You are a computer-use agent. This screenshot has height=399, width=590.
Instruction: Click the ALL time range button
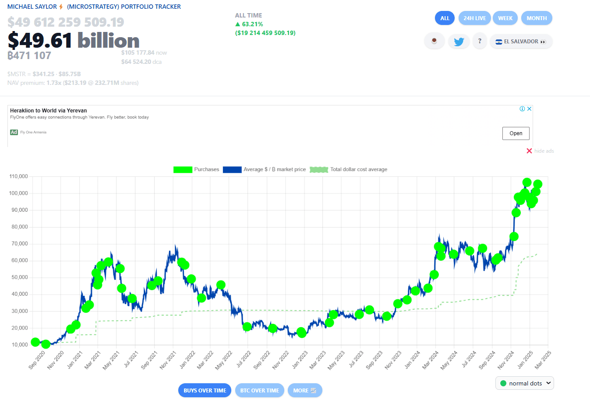(x=445, y=18)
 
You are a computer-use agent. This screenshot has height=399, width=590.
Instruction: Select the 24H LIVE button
(x=474, y=18)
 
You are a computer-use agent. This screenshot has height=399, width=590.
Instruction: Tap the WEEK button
(x=505, y=18)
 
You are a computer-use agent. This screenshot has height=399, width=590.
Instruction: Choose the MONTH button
(x=537, y=18)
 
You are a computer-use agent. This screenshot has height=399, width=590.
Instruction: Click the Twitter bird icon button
(x=459, y=42)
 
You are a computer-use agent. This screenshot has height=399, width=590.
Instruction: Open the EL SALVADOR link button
(x=521, y=42)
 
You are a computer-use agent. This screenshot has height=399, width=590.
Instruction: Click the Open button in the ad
(x=516, y=133)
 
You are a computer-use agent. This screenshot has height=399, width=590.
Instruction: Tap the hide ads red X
(x=529, y=151)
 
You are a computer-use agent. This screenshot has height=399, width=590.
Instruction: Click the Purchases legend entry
(x=196, y=170)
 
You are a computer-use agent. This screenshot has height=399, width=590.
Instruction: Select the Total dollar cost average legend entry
(x=349, y=170)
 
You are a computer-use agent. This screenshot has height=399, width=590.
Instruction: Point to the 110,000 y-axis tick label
(x=18, y=176)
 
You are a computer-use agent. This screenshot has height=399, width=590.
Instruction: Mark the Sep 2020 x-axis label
(x=37, y=360)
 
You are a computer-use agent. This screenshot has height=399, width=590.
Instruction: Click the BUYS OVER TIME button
(x=205, y=391)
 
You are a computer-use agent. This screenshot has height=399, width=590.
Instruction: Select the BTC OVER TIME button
(x=259, y=391)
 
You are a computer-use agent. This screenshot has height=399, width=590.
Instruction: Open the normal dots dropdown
(x=525, y=383)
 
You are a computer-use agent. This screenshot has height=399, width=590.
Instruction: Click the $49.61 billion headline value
(x=74, y=41)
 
